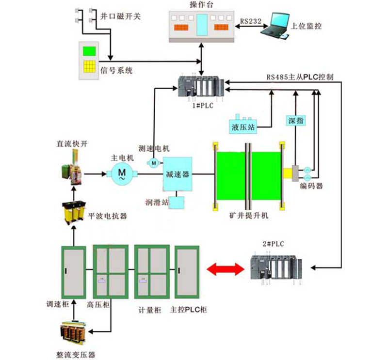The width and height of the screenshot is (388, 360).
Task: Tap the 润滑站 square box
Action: click(x=179, y=202)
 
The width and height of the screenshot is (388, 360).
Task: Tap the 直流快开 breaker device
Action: click(x=72, y=168)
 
